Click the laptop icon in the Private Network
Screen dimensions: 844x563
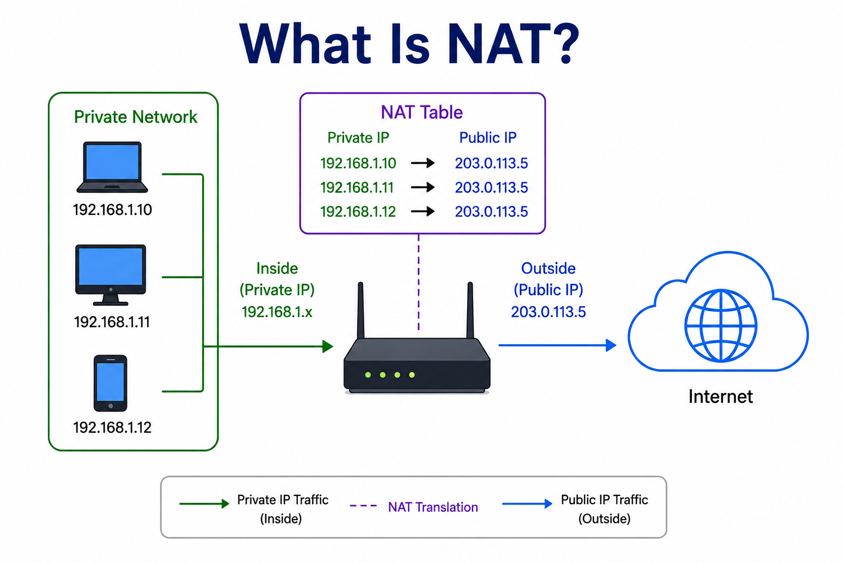(112, 167)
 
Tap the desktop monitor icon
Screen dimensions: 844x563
(110, 275)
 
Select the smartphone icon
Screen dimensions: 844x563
(110, 383)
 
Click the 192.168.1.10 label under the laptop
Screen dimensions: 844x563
(112, 209)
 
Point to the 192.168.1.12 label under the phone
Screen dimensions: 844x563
(112, 427)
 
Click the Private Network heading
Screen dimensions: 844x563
(136, 117)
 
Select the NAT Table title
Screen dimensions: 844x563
(421, 112)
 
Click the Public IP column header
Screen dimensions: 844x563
(487, 137)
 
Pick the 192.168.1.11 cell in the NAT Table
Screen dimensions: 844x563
(357, 187)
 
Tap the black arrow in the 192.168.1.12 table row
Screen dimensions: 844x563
(423, 211)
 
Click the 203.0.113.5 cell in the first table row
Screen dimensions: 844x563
(491, 163)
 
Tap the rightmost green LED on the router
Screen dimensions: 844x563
(412, 375)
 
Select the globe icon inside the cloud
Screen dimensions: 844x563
(720, 325)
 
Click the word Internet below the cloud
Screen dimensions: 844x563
(720, 397)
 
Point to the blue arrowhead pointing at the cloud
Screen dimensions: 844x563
(611, 345)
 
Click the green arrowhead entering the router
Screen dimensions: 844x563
(328, 346)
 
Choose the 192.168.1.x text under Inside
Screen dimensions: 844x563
(277, 312)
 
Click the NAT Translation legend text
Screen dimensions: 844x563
(433, 507)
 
